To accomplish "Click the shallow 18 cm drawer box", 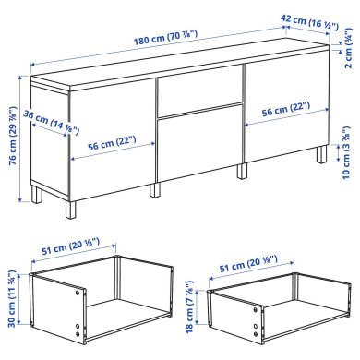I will tap(272, 314).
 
